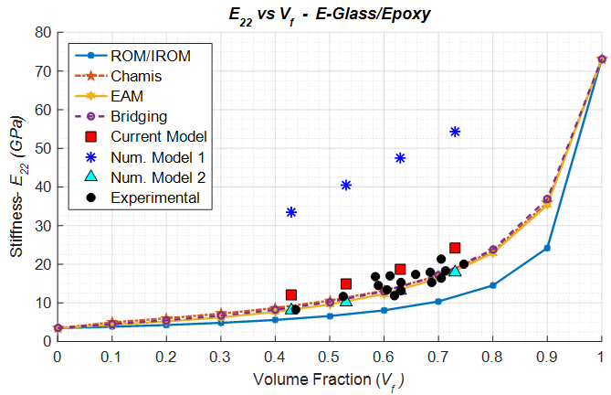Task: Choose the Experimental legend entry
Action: pyautogui.click(x=155, y=197)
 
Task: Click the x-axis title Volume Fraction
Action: pyautogui.click(x=329, y=378)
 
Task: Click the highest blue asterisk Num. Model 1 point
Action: pyautogui.click(x=455, y=132)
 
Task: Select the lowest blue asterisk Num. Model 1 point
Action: pyautogui.click(x=291, y=212)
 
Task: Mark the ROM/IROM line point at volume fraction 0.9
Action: pyautogui.click(x=547, y=248)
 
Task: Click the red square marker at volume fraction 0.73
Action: pyautogui.click(x=455, y=248)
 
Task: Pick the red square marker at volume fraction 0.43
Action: pyautogui.click(x=291, y=294)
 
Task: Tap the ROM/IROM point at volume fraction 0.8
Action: pyautogui.click(x=492, y=285)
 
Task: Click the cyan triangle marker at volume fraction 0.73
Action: pyautogui.click(x=455, y=271)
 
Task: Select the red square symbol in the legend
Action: pyautogui.click(x=89, y=136)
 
